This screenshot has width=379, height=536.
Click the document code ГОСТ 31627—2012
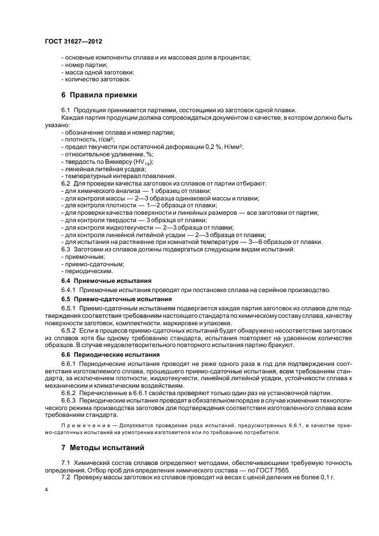73,42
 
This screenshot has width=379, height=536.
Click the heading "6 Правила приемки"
99,94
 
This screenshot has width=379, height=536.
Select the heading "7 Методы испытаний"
103,447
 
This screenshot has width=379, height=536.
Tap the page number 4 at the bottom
46,491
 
